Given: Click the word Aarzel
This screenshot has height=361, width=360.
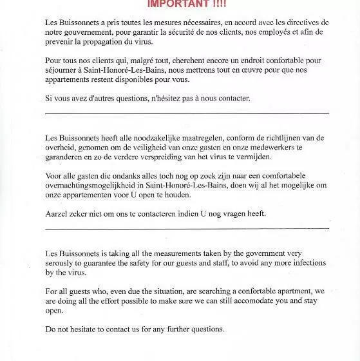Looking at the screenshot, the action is [x=57, y=214].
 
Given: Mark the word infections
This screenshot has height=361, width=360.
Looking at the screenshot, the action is [x=293, y=262].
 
